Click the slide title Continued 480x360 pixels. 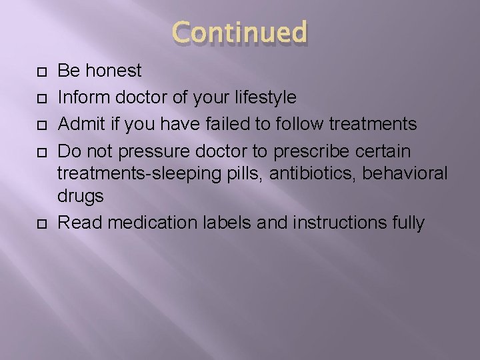[x=240, y=33]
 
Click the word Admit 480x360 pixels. [x=79, y=124]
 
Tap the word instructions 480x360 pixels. [x=337, y=223]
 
